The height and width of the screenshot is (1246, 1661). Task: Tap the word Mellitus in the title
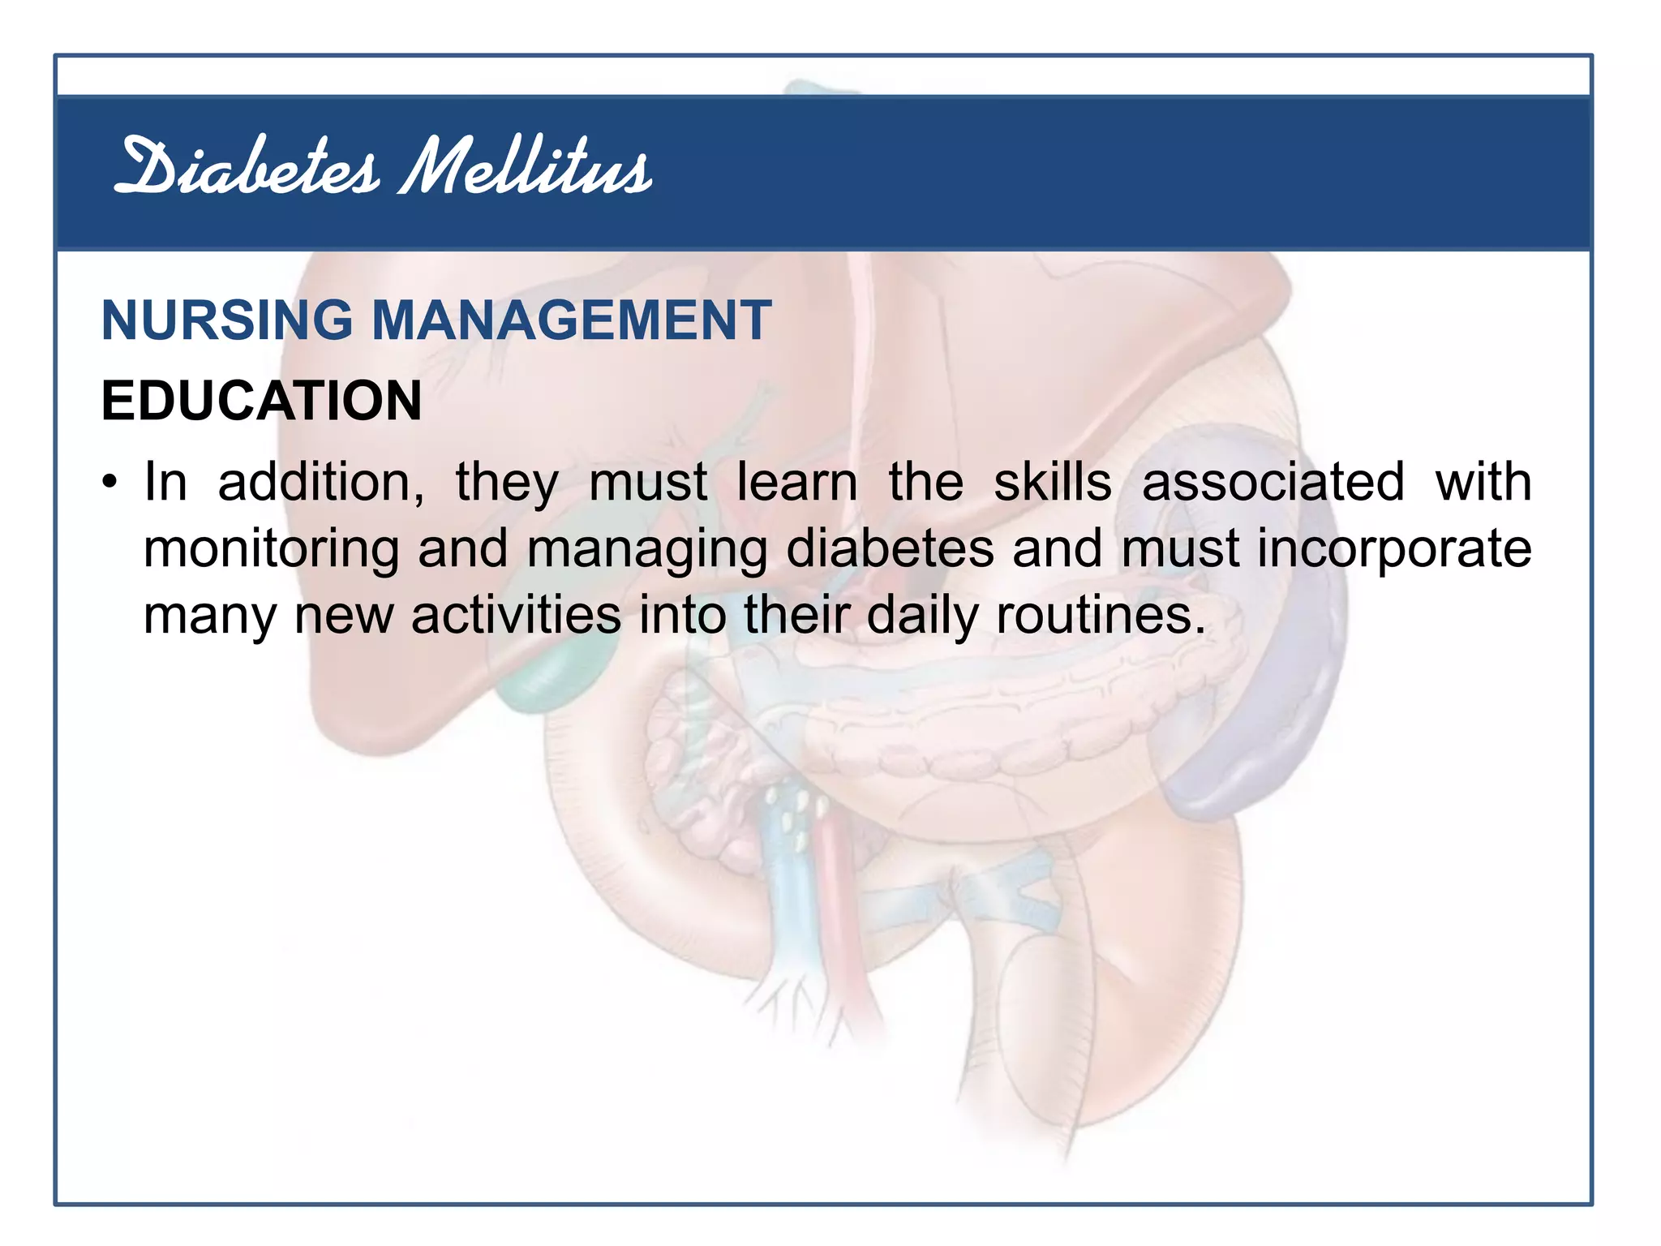526,168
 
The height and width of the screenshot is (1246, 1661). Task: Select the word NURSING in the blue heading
227,320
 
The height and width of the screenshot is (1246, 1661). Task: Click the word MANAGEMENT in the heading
571,320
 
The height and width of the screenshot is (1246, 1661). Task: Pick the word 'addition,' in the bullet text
321,483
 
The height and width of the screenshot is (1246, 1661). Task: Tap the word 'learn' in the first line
796,483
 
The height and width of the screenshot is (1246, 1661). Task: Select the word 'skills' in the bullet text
1053,483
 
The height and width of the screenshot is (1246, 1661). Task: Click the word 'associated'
1273,483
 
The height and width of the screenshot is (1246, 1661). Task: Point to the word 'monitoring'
271,550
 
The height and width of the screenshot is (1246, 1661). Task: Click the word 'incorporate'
1394,550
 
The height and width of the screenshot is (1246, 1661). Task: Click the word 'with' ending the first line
1483,483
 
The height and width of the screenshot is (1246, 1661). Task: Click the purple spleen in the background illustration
1265,730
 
